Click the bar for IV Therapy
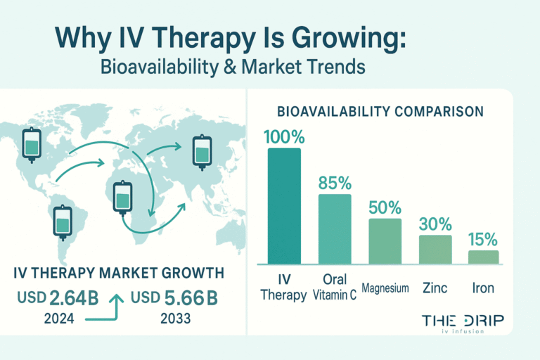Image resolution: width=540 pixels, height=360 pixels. pyautogui.click(x=284, y=205)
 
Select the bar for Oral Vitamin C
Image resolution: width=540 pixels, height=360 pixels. pyautogui.click(x=335, y=229)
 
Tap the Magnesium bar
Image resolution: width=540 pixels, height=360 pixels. pyautogui.click(x=385, y=240)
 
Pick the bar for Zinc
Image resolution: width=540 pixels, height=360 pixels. pyautogui.click(x=435, y=249)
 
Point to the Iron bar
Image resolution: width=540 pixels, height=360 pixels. pyautogui.click(x=483, y=257)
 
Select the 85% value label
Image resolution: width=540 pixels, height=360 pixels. pyautogui.click(x=335, y=183)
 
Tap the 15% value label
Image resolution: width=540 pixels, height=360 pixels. pyautogui.click(x=483, y=238)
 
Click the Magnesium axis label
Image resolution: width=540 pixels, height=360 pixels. pyautogui.click(x=385, y=288)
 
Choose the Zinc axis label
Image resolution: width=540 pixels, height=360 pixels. pyautogui.click(x=435, y=288)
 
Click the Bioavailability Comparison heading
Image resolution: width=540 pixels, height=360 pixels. pyautogui.click(x=380, y=112)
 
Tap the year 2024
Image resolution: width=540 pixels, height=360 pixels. pyautogui.click(x=60, y=317)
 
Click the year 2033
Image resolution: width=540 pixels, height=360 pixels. pyautogui.click(x=175, y=317)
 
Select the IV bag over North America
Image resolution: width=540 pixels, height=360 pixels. pyautogui.click(x=32, y=144)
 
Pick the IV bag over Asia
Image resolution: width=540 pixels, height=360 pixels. pyautogui.click(x=202, y=153)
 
